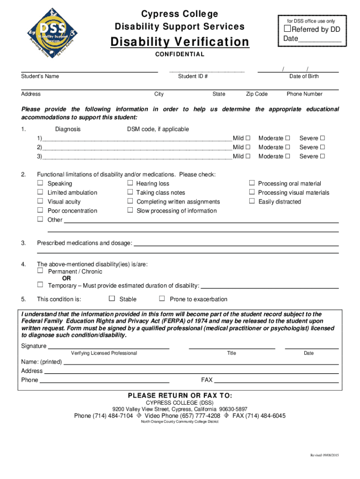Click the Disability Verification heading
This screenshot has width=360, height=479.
tap(180, 42)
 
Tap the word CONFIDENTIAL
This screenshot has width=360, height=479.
tap(180, 54)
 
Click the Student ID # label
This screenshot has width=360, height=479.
tap(193, 76)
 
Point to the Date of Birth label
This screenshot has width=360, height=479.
tap(304, 76)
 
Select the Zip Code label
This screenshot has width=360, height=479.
tap(257, 94)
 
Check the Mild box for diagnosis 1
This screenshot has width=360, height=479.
tap(248, 138)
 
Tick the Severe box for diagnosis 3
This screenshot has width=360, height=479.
tap(322, 156)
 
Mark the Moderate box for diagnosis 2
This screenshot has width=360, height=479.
tap(288, 147)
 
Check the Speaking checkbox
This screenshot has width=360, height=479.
tap(40, 183)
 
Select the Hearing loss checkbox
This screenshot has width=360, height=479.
tap(130, 183)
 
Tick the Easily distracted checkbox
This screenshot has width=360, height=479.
tap(252, 202)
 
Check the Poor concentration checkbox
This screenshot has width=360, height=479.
tap(40, 210)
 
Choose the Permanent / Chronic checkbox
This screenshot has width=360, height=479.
tap(40, 271)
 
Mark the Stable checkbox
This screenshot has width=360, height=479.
tap(112, 299)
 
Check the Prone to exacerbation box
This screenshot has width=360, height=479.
tap(162, 299)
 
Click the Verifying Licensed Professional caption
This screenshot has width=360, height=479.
tap(104, 353)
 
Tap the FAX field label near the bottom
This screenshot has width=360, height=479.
tap(207, 380)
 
